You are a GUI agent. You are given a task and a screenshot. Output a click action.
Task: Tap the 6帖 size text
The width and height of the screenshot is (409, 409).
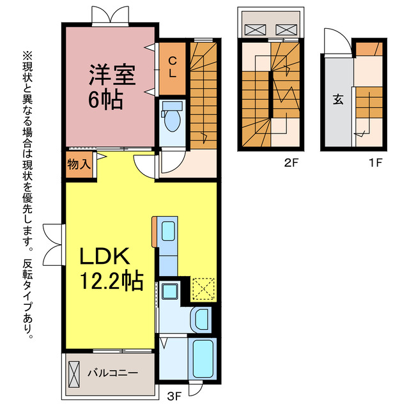[105, 100]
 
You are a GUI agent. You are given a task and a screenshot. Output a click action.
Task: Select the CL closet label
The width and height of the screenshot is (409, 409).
[173, 65]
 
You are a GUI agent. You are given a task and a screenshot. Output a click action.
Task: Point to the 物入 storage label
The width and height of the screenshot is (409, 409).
[78, 164]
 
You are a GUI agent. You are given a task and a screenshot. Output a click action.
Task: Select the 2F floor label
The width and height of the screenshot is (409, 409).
[291, 162]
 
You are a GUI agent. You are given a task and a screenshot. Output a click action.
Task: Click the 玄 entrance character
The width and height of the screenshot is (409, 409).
[336, 100]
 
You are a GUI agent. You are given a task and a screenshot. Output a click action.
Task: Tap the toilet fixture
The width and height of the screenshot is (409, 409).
[171, 120]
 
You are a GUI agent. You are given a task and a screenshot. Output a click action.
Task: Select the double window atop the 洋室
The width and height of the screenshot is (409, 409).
[109, 14]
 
